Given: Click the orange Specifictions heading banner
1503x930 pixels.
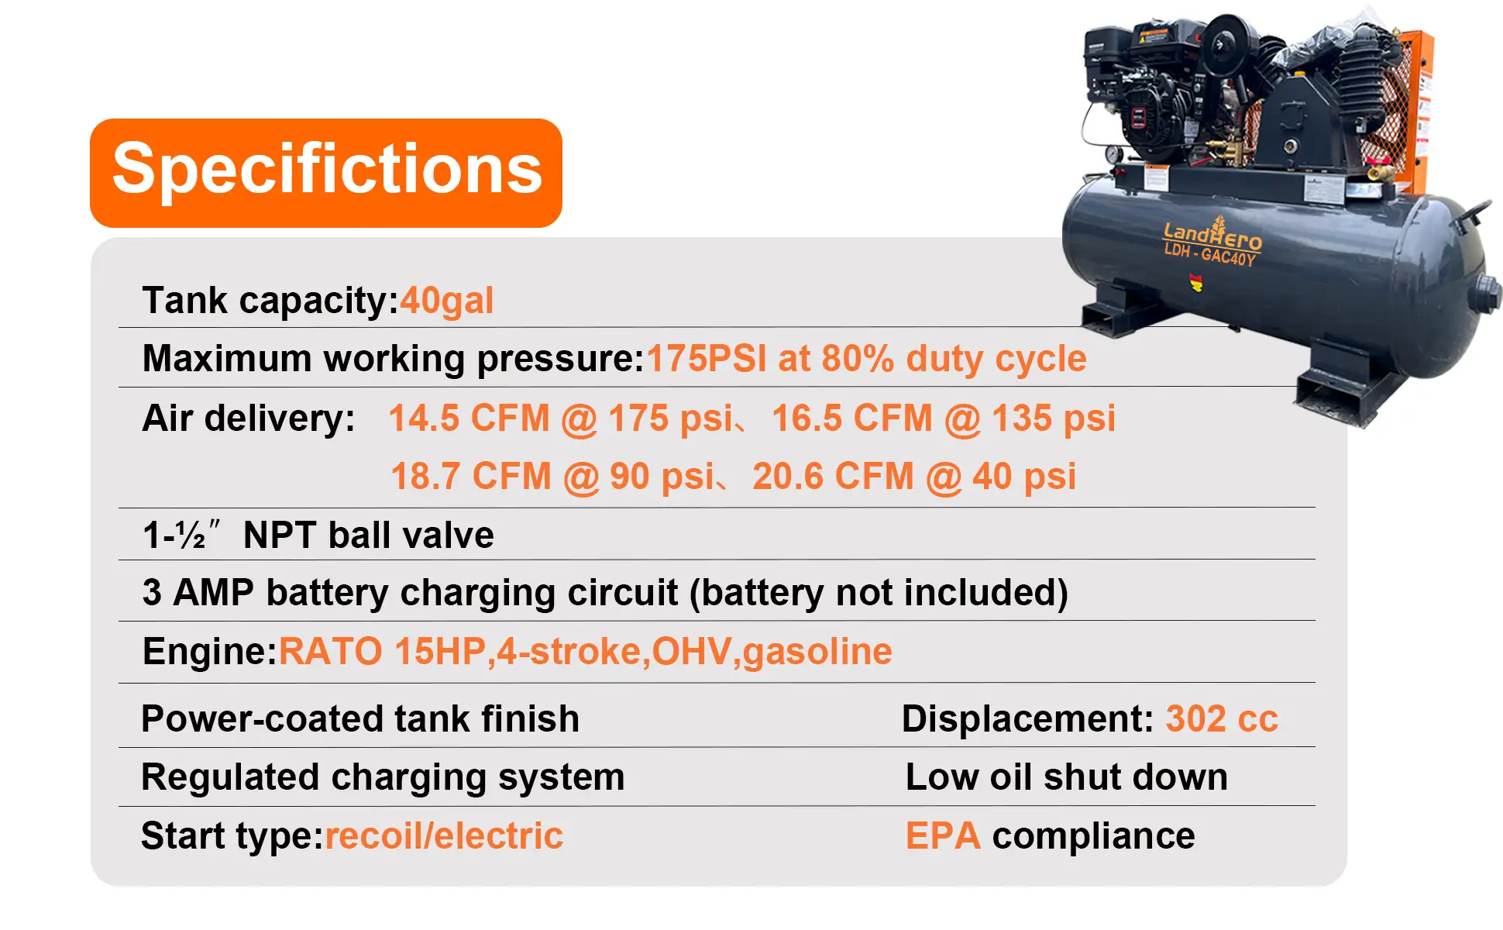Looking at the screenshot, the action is click(326, 173).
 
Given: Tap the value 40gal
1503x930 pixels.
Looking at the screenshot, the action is click(447, 301).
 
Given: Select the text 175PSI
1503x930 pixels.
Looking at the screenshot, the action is click(706, 358).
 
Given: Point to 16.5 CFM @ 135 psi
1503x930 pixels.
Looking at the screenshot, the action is click(944, 418).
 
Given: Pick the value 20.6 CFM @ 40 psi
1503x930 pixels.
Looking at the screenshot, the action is click(914, 477).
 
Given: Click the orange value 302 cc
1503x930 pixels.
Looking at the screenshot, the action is click(1222, 719).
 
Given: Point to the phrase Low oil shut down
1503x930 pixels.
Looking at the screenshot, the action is click(1067, 777).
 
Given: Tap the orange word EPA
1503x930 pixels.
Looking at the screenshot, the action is click(943, 836).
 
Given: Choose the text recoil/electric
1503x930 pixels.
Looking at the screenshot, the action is click(444, 836).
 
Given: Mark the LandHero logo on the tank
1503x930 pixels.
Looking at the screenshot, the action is click(1212, 233).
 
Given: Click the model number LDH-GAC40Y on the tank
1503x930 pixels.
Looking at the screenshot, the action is click(1209, 254).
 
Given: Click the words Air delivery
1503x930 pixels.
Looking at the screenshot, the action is click(249, 419).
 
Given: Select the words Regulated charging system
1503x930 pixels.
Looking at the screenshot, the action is click(383, 777).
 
